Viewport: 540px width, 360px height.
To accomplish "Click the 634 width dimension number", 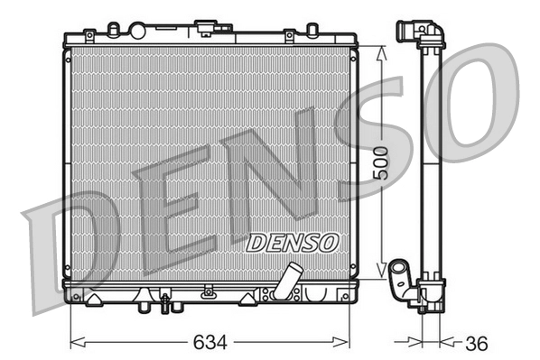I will pyautogui.click(x=210, y=344).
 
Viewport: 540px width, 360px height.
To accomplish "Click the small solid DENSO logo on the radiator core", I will pyautogui.click(x=292, y=242).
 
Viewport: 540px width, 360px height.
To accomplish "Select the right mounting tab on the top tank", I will pyautogui.click(x=289, y=36).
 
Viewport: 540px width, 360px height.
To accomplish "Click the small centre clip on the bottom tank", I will pyautogui.click(x=209, y=291).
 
